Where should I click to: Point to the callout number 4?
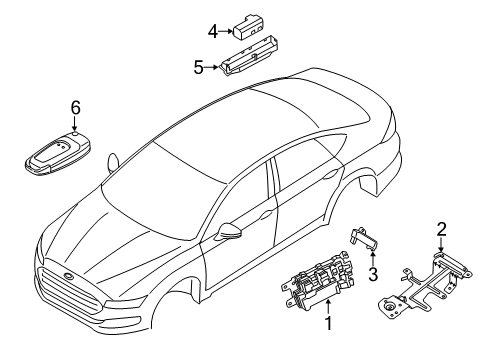[x=212, y=31]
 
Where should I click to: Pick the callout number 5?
[x=198, y=67]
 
